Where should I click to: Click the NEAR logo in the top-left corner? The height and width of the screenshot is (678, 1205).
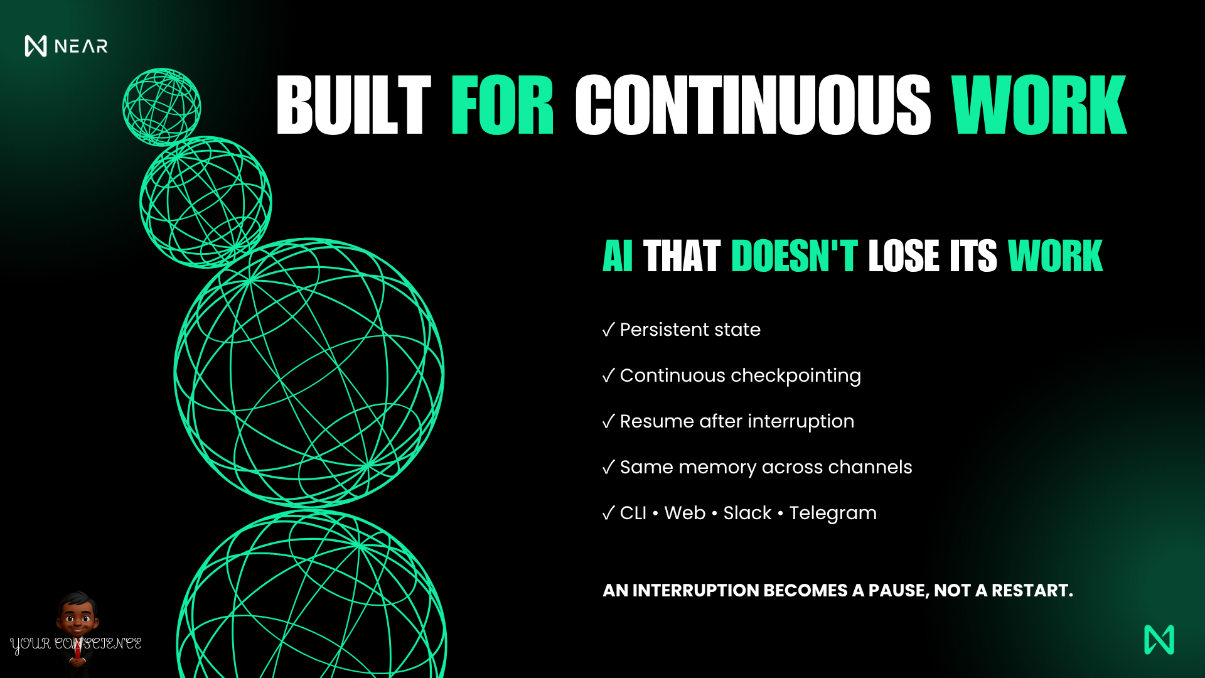click(66, 46)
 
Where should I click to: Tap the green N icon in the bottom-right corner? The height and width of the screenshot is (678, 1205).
click(1159, 640)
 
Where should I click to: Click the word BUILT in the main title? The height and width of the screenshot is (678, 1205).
click(353, 105)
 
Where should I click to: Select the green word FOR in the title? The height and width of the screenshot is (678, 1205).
click(502, 105)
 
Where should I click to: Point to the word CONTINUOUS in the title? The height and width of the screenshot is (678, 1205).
click(752, 105)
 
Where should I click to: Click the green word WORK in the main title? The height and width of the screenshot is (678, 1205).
click(1039, 105)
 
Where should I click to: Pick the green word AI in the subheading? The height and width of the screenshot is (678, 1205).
click(618, 256)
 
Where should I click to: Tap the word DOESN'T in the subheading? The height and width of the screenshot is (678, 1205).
click(794, 256)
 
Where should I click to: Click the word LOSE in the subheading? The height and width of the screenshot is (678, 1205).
click(904, 256)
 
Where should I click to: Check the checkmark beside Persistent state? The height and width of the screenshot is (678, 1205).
click(608, 330)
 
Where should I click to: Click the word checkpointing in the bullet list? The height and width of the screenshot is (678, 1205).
click(796, 376)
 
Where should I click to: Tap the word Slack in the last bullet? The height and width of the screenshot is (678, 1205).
click(747, 513)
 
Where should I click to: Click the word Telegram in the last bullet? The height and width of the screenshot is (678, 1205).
click(833, 514)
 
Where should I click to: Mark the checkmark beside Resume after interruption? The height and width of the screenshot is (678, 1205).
click(608, 421)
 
